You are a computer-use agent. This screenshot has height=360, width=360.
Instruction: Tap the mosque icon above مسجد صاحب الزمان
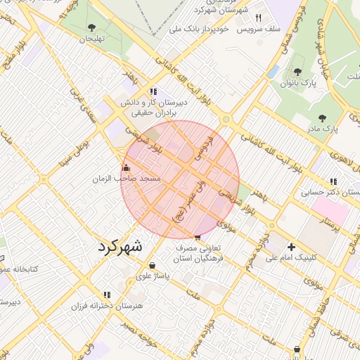[126, 167]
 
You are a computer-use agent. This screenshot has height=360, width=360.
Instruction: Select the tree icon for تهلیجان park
[92, 27]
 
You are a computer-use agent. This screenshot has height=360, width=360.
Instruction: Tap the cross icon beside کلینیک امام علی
[291, 246]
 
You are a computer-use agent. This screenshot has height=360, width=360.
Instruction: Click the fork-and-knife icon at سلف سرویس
[258, 18]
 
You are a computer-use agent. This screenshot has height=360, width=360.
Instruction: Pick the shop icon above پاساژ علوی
[153, 265]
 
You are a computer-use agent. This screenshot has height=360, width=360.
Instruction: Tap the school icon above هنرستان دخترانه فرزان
[107, 295]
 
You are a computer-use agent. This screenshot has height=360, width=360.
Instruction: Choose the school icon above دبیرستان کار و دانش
[153, 91]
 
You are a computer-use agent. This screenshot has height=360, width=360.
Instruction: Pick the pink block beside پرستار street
[330, 212]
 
